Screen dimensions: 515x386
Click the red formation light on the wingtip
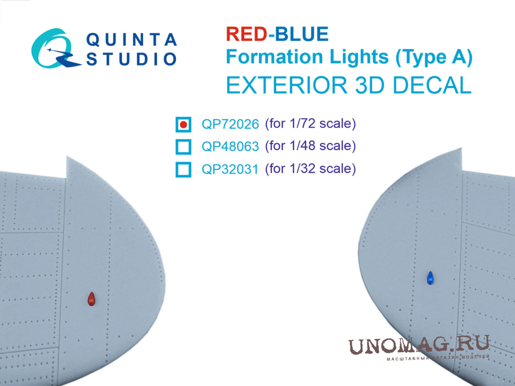click(x=91, y=299)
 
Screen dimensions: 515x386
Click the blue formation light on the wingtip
click(x=430, y=278)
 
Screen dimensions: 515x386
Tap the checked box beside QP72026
click(x=183, y=125)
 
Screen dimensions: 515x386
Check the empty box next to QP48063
click(x=183, y=147)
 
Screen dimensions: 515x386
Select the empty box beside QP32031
click(x=183, y=170)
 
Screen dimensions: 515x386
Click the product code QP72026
click(x=230, y=125)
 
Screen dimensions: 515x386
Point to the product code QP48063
click(x=230, y=146)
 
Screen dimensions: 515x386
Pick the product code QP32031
click(x=230, y=169)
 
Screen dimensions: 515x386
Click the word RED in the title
click(x=246, y=34)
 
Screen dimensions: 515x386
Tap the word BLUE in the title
click(x=301, y=34)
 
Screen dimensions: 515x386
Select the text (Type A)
click(x=434, y=58)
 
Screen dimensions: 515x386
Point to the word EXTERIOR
click(x=286, y=85)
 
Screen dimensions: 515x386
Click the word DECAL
click(x=432, y=85)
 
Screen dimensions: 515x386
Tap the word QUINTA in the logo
click(x=131, y=39)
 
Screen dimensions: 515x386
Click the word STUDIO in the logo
click(x=131, y=59)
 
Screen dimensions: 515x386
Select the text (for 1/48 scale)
click(x=311, y=146)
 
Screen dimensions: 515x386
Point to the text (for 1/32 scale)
click(x=311, y=169)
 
